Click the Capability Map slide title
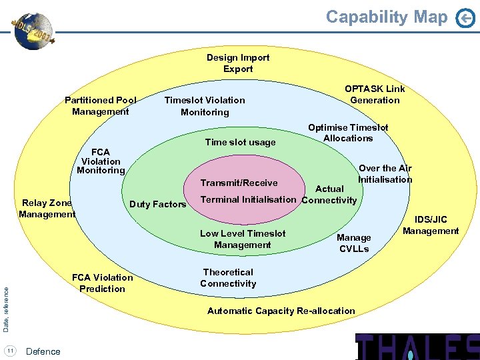(387, 17)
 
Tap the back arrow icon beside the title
(465, 19)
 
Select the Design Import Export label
(238, 63)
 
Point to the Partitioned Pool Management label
(101, 106)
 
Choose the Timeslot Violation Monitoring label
(205, 106)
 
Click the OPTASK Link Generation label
(375, 95)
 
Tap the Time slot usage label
(240, 142)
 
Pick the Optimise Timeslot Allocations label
(348, 133)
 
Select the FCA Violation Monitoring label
(101, 161)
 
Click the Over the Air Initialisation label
(385, 174)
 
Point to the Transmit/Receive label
(239, 183)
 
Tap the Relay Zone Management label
(47, 209)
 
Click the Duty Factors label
(157, 204)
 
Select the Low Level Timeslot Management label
(243, 239)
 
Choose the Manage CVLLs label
(354, 243)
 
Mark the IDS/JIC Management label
(431, 225)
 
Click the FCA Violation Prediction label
(102, 283)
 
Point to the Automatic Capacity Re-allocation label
(281, 311)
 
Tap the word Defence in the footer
(43, 351)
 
